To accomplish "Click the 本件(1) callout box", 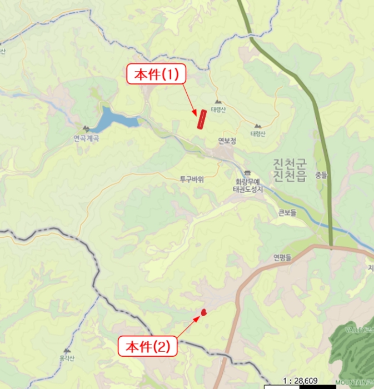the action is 154,74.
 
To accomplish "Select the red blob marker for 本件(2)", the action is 204,312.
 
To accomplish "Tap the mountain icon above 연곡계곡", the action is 86,129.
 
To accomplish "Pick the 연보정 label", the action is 227,141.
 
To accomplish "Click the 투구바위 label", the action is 192,179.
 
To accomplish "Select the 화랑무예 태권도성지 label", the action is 247,185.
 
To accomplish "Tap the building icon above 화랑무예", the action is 247,173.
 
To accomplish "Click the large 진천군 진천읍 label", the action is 290,170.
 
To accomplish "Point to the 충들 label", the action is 321,175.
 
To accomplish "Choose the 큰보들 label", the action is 288,212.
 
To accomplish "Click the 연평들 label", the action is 283,257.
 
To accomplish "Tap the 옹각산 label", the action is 67,360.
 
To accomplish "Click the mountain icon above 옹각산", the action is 67,351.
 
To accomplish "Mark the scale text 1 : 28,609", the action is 300,381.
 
